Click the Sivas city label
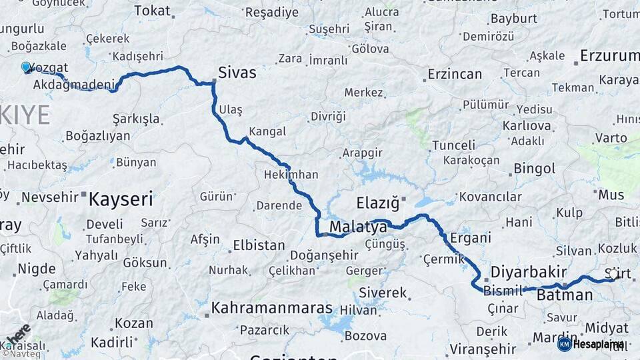pyautogui.click(x=237, y=73)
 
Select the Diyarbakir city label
pyautogui.click(x=529, y=271)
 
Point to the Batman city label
pyautogui.click(x=565, y=295)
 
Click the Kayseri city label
pyautogui.click(x=121, y=199)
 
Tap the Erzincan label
pyautogui.click(x=455, y=74)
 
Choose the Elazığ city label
pyautogui.click(x=377, y=201)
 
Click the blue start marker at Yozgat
pyautogui.click(x=26, y=67)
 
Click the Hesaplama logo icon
pyautogui.click(x=565, y=344)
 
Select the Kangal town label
pyautogui.click(x=267, y=131)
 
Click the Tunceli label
pyautogui.click(x=453, y=145)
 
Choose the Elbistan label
pyautogui.click(x=259, y=245)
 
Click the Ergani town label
pyautogui.click(x=471, y=237)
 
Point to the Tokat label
pyautogui.click(x=152, y=11)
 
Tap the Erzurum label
pyautogui.click(x=609, y=55)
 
